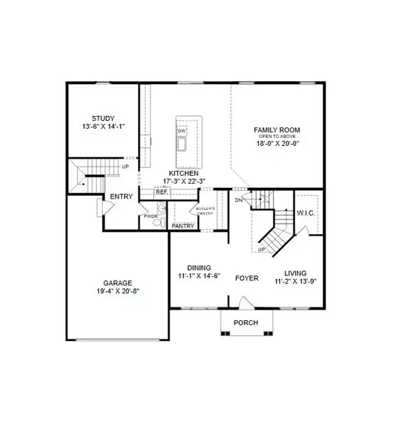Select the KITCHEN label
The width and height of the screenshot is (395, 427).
(183, 173)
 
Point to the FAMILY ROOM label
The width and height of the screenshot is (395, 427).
(277, 130)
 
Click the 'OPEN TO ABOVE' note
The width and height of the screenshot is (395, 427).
(277, 136)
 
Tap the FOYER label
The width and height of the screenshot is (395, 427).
(247, 278)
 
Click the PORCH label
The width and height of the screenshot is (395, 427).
(247, 323)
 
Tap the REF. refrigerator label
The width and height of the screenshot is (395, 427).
(162, 191)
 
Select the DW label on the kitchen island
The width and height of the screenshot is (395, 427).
(181, 131)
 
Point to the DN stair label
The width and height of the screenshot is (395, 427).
(237, 201)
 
